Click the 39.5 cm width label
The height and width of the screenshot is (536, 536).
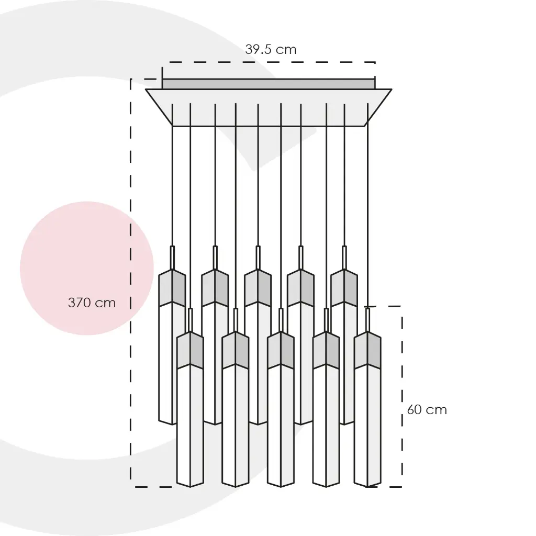coord(271,50)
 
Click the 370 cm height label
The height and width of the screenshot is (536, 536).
coord(92,303)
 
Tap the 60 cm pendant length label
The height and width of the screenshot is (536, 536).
coord(427,409)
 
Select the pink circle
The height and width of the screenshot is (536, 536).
coord(87,269)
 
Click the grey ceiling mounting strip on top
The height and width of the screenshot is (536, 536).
coord(269,84)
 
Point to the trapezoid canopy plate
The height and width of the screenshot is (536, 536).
coord(269,108)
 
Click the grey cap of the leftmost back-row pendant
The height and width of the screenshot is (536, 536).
coord(172,288)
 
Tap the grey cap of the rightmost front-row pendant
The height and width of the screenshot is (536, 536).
coord(367,350)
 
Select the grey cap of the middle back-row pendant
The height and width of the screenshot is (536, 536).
coord(258,288)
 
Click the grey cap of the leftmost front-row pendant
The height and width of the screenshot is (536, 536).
coord(190,350)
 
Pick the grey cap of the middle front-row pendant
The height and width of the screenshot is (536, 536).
coord(281,350)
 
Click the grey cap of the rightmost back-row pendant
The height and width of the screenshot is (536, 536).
coord(344,288)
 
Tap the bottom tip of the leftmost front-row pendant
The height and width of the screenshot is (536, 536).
coord(190,487)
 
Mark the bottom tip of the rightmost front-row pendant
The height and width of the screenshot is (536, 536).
coord(367,487)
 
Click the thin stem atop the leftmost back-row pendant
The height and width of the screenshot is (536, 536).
coord(172,258)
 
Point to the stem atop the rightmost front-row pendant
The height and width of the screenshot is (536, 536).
coord(367,320)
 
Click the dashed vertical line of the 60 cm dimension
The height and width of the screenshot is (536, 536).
coord(402,397)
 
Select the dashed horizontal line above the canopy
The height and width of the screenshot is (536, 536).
coord(269,62)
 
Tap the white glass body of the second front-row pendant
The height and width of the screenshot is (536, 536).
coord(235,426)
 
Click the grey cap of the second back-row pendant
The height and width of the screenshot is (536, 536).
coord(215,288)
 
